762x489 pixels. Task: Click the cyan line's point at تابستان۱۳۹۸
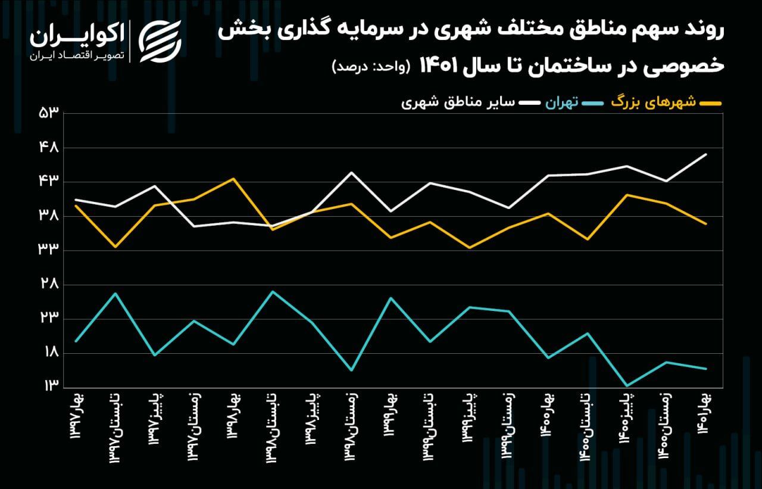[x=273, y=291]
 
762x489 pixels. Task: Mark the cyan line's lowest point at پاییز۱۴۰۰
[x=626, y=385]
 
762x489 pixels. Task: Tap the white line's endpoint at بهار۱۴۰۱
[x=706, y=154]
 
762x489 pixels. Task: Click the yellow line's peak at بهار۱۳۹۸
[x=234, y=179]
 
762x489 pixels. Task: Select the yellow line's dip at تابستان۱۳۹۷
[x=115, y=247]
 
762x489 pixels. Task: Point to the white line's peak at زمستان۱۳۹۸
[x=351, y=173]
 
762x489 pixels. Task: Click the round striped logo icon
[x=160, y=41]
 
